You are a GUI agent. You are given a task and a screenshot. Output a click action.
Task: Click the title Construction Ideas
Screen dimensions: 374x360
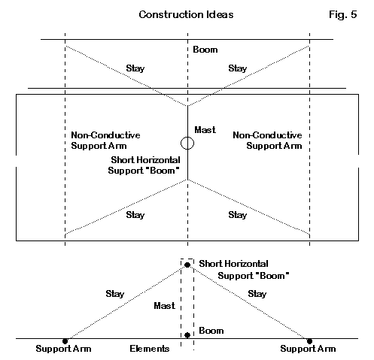point(186,14)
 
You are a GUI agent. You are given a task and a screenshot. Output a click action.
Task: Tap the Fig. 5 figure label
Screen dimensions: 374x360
point(342,14)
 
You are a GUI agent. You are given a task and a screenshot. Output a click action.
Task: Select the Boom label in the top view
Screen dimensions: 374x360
point(205,50)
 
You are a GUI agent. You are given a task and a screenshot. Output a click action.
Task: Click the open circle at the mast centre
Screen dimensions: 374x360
point(187,143)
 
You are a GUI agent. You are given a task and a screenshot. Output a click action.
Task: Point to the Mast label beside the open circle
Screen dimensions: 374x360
point(205,130)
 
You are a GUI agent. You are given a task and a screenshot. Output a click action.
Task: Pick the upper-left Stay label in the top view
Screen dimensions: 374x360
point(135,68)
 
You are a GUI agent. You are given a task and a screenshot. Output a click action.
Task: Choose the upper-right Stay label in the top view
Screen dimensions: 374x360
point(238,68)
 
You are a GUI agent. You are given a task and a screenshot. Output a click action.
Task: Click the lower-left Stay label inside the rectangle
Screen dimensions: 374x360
point(135,215)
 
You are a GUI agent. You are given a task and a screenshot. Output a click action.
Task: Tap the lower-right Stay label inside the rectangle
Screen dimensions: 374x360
point(238,215)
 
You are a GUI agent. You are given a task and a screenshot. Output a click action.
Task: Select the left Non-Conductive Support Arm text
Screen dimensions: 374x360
point(105,141)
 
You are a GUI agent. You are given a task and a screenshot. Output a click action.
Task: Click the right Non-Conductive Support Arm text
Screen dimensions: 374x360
point(267,141)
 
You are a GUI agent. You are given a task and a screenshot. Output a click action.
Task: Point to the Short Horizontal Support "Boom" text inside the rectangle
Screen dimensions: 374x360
point(144,165)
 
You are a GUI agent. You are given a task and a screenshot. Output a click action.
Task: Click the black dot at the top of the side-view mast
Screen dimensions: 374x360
point(187,265)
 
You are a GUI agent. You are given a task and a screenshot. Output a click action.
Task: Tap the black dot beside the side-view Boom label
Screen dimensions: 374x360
point(187,335)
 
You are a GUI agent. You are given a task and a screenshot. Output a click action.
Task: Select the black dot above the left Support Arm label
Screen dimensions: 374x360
point(65,341)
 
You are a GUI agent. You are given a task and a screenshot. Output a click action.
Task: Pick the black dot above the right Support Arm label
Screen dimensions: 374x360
point(309,341)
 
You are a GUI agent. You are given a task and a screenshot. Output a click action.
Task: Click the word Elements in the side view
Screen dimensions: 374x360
point(150,349)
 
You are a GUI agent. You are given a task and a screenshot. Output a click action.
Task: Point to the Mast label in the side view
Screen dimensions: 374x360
point(164,306)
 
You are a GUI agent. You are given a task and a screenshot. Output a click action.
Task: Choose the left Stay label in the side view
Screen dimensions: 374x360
point(115,294)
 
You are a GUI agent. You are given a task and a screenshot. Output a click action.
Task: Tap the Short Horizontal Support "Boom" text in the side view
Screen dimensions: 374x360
point(244,270)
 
